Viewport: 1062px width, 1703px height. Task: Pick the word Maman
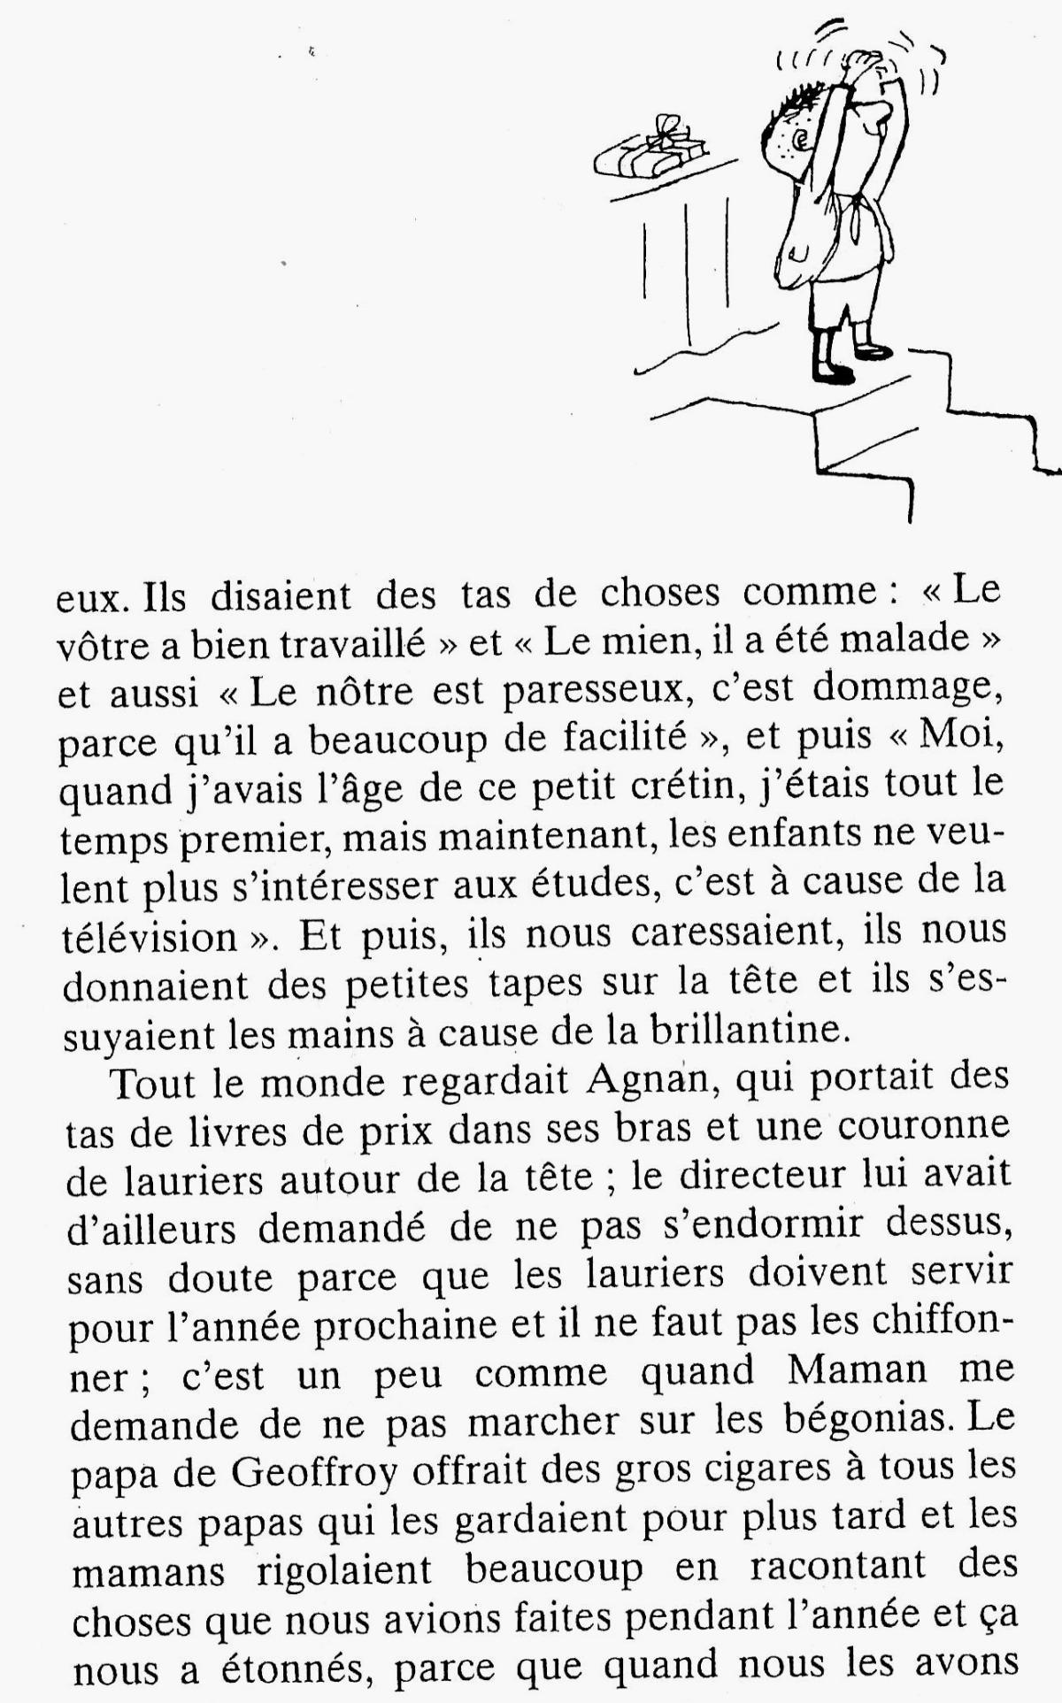(857, 1371)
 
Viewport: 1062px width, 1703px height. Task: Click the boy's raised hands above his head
(863, 66)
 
